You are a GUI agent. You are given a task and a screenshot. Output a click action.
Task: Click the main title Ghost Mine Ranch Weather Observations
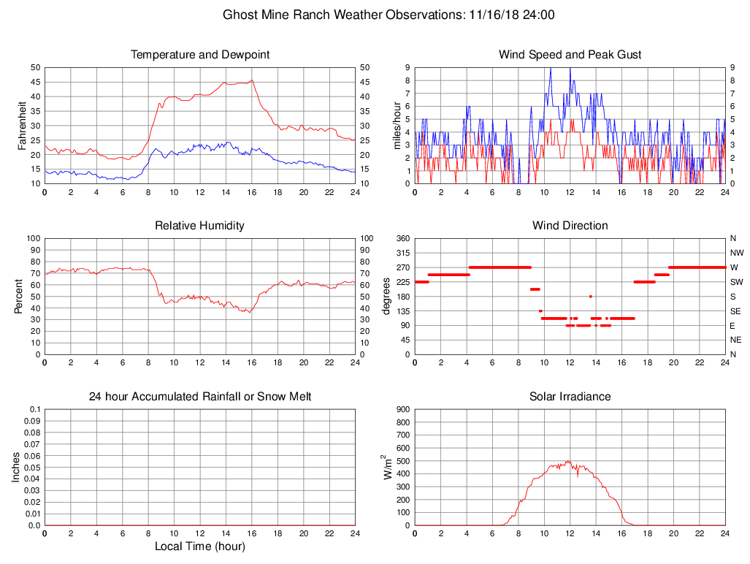click(x=388, y=15)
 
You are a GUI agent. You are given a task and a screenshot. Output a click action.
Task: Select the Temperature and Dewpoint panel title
click(x=200, y=55)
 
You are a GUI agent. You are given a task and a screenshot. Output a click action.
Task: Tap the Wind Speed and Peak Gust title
click(x=570, y=55)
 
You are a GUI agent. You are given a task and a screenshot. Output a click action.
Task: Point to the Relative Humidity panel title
click(x=200, y=226)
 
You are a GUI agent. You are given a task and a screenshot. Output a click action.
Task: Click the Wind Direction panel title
click(x=570, y=226)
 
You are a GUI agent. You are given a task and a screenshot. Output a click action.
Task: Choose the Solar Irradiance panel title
click(x=570, y=397)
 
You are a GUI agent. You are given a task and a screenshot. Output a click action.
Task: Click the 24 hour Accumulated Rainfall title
click(x=200, y=397)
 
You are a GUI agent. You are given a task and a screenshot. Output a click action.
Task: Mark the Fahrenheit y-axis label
click(x=22, y=125)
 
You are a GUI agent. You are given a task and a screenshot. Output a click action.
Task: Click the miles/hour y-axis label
click(x=398, y=125)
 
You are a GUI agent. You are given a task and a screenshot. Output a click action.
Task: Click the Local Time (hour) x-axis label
click(x=200, y=546)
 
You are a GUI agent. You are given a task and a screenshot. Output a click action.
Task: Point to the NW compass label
click(x=734, y=253)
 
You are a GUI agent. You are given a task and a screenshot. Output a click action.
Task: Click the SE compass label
click(x=733, y=311)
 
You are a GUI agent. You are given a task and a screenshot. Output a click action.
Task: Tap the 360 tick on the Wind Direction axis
click(x=402, y=239)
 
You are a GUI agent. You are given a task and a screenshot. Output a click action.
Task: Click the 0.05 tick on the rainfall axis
click(x=32, y=468)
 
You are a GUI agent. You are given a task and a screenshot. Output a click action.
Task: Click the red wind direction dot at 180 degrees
click(x=590, y=296)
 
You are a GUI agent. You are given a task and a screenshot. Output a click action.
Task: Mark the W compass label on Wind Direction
click(x=733, y=267)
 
